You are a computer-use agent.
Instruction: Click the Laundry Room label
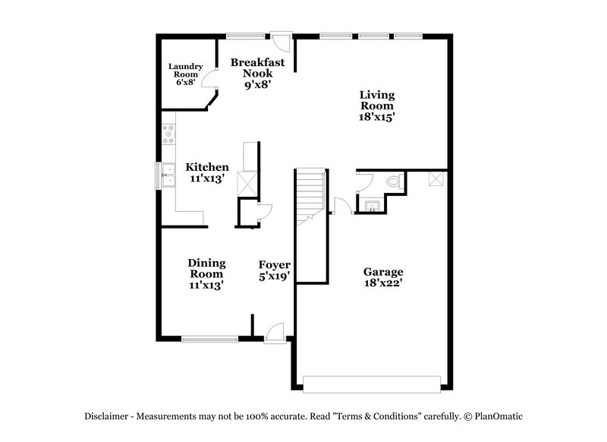185,74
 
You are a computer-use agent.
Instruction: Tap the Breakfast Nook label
258,74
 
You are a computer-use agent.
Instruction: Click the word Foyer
274,265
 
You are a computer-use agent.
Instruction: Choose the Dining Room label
206,268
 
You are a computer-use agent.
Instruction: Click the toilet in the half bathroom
393,182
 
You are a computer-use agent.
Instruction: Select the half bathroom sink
373,205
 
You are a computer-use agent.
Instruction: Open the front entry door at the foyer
274,333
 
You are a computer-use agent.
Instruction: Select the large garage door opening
371,383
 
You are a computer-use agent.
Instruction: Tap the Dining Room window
209,339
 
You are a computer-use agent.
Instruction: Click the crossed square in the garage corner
436,178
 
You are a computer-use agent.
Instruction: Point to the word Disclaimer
106,416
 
